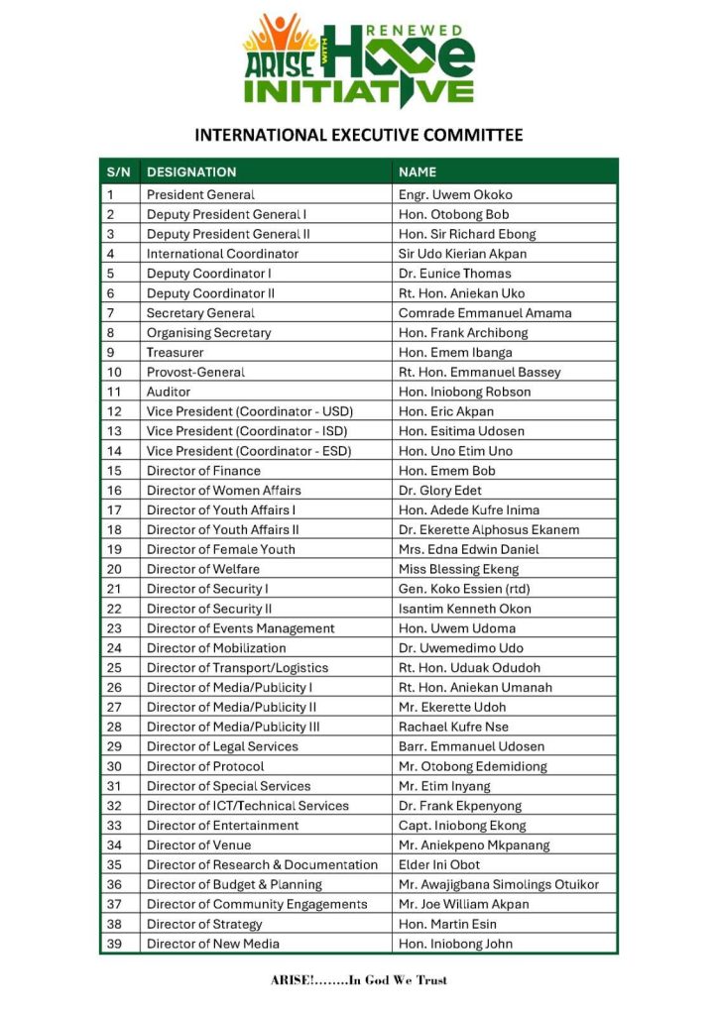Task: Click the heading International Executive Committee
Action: tap(359, 135)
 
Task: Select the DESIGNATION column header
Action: tap(191, 172)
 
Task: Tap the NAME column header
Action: tap(418, 172)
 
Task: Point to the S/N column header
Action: tap(118, 172)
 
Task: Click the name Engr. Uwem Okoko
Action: tap(455, 195)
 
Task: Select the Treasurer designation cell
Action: tap(176, 353)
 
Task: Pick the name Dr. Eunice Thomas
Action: tap(455, 274)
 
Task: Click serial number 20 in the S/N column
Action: tap(114, 569)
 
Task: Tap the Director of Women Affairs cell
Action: tap(224, 491)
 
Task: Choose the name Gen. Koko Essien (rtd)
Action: tap(465, 589)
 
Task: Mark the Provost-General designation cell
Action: tap(195, 373)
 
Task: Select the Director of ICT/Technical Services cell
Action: tap(248, 806)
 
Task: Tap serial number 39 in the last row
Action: tap(114, 944)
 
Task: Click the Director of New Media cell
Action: tap(213, 944)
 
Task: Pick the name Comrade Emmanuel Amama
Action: tap(485, 313)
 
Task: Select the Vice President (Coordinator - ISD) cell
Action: tap(250, 431)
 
